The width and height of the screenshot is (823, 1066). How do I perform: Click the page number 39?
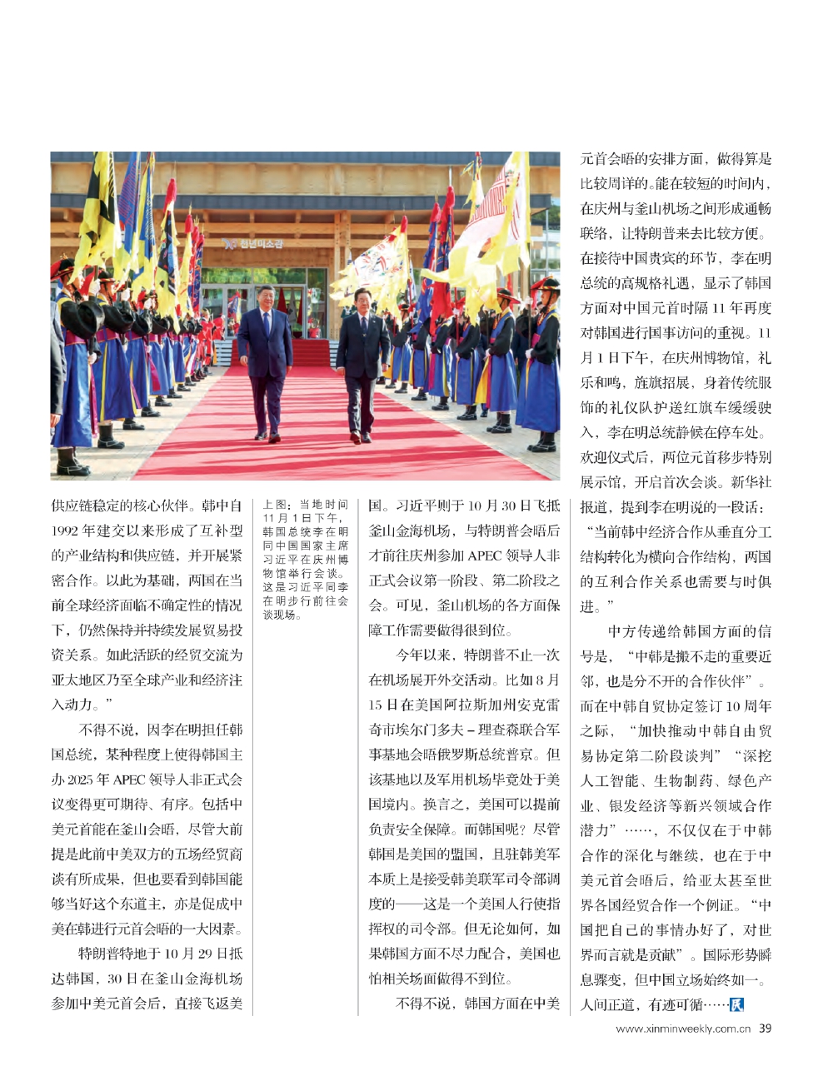coord(765,1029)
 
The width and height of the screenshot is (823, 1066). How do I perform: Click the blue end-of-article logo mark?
coord(737,1004)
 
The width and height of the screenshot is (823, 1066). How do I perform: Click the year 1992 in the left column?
coord(67,531)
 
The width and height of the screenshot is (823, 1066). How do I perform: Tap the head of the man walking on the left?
coord(266,297)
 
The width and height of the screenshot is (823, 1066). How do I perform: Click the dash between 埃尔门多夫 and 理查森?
coord(471,730)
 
